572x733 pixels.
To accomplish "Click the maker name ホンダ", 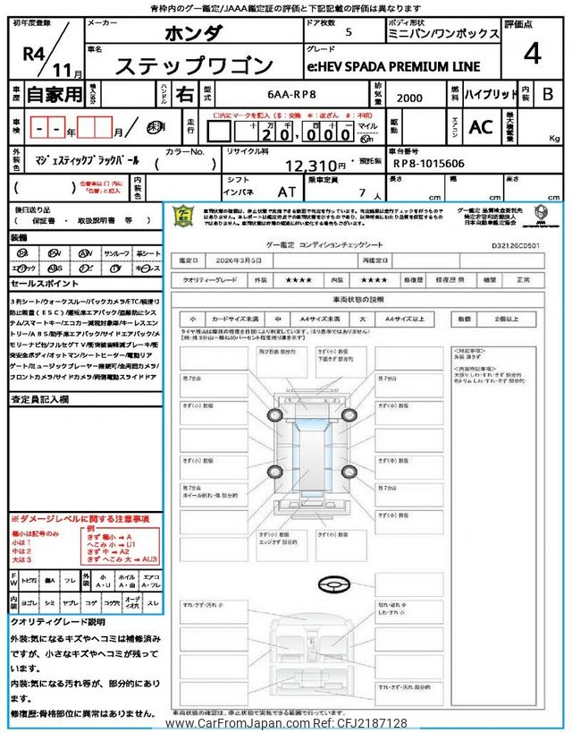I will click(194, 34).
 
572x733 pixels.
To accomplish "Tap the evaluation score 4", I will click(532, 54).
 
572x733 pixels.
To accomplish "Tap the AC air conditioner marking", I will click(481, 127).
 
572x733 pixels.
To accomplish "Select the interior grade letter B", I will click(548, 94).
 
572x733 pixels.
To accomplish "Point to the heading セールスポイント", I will click(44, 284).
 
